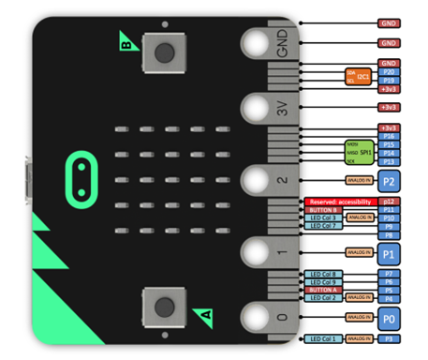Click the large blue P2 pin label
(389, 180)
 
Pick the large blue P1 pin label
(389, 252)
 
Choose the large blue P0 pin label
(389, 318)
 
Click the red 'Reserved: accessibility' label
(338, 202)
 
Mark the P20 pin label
(389, 71)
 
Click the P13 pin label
(389, 162)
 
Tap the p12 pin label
(389, 202)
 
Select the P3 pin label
(389, 338)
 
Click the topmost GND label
(389, 22)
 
